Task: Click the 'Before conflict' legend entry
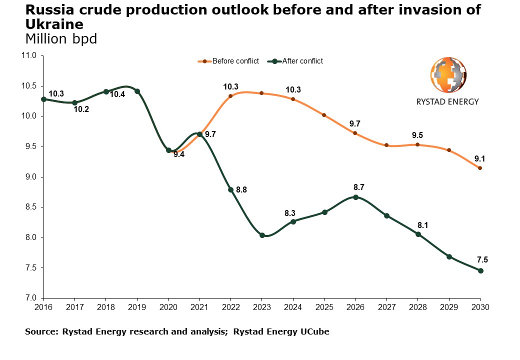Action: coord(235,61)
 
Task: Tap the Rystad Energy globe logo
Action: coord(447,75)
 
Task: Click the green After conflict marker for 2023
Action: coord(262,235)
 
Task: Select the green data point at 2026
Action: coord(355,197)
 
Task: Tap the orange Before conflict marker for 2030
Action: coord(480,168)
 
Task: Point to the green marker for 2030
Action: coord(480,270)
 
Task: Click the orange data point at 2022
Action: coord(230,96)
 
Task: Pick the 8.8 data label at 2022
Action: coord(241,190)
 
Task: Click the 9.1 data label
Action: coord(480,159)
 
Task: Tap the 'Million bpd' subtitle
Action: coord(60,39)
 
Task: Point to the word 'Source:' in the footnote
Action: coord(41,331)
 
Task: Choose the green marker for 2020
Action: coord(168,150)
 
